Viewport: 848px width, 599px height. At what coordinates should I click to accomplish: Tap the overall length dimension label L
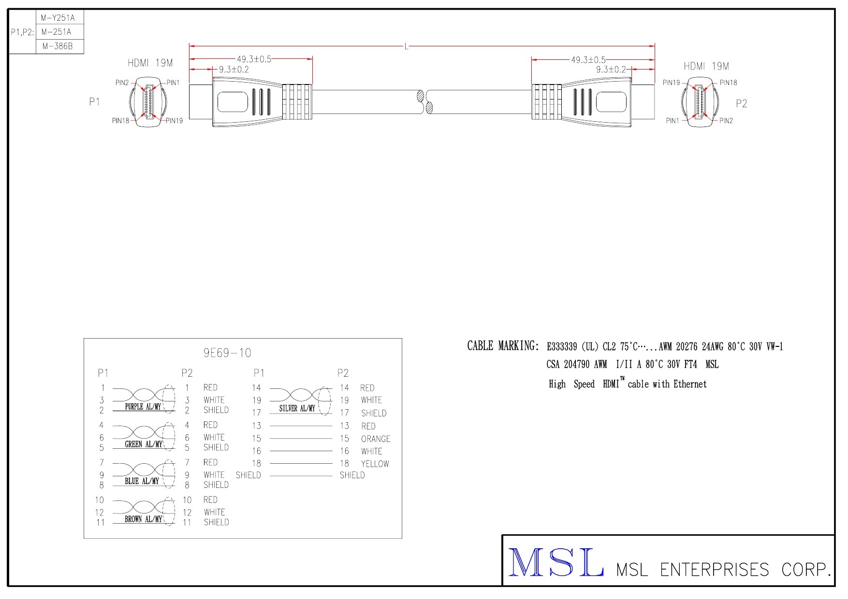pyautogui.click(x=407, y=46)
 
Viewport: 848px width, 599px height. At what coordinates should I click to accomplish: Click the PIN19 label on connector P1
pyautogui.click(x=174, y=121)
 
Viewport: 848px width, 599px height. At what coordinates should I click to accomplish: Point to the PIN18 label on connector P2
pyautogui.click(x=728, y=83)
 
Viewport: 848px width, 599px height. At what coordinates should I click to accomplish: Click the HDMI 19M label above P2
pyautogui.click(x=706, y=66)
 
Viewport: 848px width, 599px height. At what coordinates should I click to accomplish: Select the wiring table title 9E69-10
pyautogui.click(x=227, y=353)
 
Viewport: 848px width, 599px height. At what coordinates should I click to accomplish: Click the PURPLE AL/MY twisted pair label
pyautogui.click(x=143, y=407)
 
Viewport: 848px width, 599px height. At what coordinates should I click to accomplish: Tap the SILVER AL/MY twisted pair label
pyautogui.click(x=297, y=408)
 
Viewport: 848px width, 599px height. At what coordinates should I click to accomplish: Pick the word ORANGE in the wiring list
pyautogui.click(x=376, y=439)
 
